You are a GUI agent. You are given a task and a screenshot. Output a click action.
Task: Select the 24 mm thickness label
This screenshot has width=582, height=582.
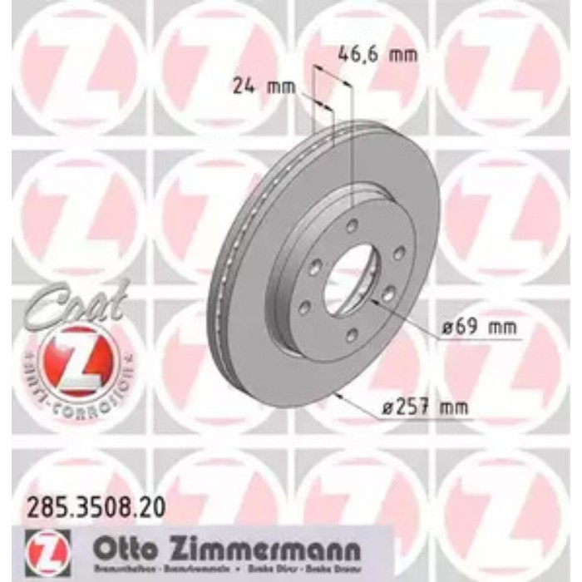pos(254,84)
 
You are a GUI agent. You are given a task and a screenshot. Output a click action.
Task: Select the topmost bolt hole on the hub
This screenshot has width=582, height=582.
pos(353,226)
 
